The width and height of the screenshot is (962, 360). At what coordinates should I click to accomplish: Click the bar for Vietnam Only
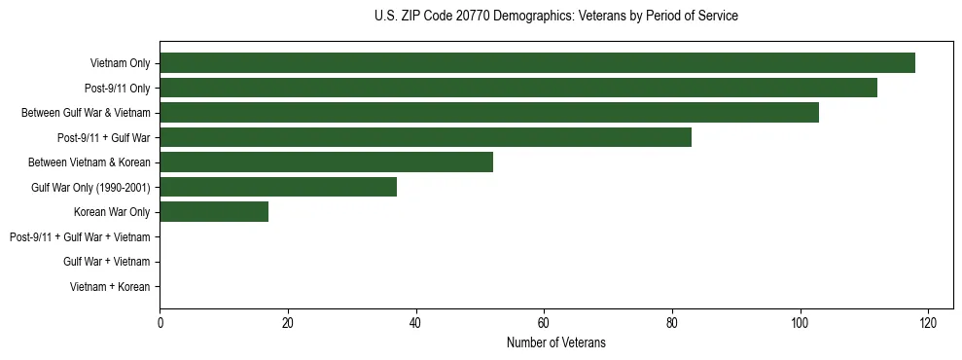pos(537,63)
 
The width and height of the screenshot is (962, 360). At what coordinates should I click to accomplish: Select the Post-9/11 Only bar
pos(518,88)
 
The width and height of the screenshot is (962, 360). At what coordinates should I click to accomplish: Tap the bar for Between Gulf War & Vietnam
pos(489,112)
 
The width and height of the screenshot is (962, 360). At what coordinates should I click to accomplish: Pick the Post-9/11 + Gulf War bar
pos(425,137)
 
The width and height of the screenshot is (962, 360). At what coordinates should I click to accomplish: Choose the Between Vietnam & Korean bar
pos(326,162)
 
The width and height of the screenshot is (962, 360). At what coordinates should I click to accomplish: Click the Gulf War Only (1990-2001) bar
pos(278,187)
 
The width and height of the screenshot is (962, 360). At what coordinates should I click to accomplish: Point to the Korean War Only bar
pos(214,211)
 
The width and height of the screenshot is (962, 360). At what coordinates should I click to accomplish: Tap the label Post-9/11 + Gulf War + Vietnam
pos(80,236)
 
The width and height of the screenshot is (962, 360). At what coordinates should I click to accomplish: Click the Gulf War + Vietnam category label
pos(106,261)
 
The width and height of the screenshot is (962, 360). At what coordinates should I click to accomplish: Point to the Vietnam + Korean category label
pos(110,286)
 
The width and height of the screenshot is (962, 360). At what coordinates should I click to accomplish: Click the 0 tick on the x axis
pos(160,322)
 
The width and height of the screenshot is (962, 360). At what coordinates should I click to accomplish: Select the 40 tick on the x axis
pos(415,322)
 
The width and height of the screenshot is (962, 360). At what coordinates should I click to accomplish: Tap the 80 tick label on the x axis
pos(672,322)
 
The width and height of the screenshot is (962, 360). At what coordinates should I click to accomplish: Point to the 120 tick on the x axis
pos(928,322)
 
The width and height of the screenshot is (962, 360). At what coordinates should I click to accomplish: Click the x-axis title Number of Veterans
pos(555,342)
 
